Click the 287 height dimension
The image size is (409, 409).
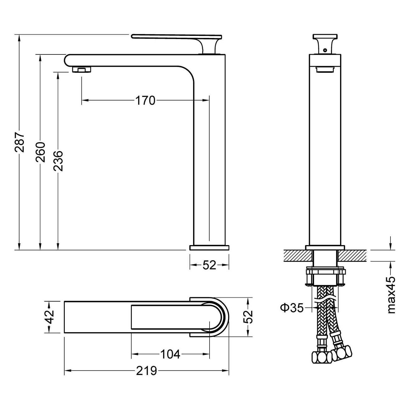point(20,143)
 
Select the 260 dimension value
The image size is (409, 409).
point(40,152)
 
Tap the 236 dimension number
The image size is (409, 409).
point(58,161)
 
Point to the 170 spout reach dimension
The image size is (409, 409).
point(145,100)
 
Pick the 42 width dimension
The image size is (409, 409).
point(50,317)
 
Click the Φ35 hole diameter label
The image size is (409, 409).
point(292,308)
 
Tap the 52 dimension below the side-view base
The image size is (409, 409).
point(209,265)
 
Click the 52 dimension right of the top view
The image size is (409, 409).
point(248,317)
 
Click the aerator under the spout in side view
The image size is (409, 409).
point(82,70)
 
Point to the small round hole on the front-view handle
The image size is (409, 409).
point(325,50)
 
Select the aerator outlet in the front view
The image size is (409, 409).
point(325,70)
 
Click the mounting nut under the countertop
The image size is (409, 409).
point(325,277)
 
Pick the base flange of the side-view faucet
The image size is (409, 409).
point(209,248)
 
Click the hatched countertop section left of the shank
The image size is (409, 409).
point(299,255)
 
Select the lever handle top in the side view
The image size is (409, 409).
point(176,36)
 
